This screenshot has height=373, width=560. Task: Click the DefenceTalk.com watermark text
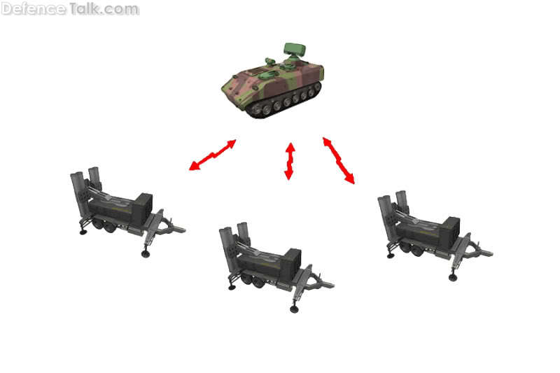click(x=70, y=8)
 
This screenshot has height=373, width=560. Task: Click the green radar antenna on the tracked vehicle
click(x=295, y=50)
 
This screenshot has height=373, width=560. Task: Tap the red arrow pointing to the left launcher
click(x=213, y=155)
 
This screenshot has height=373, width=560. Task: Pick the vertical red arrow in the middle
click(x=290, y=161)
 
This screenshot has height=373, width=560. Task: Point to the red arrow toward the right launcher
click(x=339, y=161)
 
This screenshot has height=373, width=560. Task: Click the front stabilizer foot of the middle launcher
click(x=294, y=309)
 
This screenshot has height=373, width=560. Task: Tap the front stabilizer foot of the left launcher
click(x=146, y=253)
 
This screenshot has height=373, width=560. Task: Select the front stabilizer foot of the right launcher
click(x=453, y=277)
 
